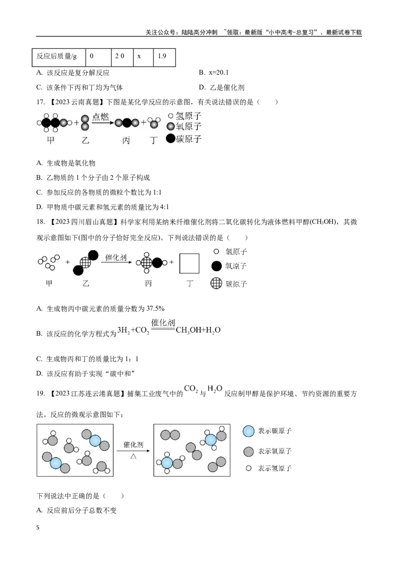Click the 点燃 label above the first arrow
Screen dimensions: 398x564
coord(100,116)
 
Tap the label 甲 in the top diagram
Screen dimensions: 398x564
coord(51,141)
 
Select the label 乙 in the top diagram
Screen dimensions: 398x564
coord(85,141)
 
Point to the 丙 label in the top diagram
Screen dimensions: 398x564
coord(126,141)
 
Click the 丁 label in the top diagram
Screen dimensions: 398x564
coord(154,141)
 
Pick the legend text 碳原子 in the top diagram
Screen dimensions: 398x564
coord(189,139)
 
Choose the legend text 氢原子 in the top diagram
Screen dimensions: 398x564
coord(189,116)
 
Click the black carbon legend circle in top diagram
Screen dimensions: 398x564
coord(171,139)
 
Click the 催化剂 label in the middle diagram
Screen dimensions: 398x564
coord(116,258)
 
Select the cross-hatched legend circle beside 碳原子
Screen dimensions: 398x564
coord(216,283)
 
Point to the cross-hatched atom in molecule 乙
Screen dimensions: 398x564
coord(85,263)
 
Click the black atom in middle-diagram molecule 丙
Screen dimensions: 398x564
coord(157,263)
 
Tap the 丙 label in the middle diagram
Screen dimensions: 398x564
coord(148,283)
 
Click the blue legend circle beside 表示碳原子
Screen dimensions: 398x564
coord(249,430)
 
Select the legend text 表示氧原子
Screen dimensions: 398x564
coord(275,451)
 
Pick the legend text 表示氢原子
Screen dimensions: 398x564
coord(275,468)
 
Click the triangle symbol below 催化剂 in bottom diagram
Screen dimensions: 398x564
coord(133,456)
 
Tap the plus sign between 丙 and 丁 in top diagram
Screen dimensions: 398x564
coord(144,123)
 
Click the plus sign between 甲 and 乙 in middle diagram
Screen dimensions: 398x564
coord(68,262)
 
